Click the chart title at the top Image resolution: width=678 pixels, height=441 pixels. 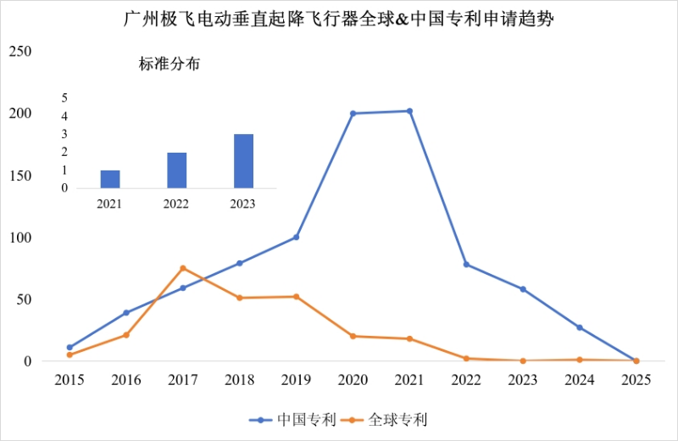point(338,20)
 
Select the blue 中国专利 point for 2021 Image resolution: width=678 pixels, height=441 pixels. point(409,111)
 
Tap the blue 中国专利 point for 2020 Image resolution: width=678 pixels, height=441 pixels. point(353,114)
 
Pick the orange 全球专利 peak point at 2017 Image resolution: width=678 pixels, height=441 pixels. point(183,268)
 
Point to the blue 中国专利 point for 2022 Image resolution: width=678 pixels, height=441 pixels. point(466,265)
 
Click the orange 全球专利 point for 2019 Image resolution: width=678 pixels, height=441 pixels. point(296,297)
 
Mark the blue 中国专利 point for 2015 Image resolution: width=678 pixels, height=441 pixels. point(69,348)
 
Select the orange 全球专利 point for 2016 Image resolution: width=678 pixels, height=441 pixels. point(126,335)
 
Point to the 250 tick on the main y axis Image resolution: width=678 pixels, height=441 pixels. point(19,52)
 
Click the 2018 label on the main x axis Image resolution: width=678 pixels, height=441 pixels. point(239,381)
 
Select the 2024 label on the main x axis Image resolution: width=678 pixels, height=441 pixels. point(579,381)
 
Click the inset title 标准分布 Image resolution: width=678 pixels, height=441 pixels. point(169,64)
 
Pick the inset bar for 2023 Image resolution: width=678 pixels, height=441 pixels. point(243,161)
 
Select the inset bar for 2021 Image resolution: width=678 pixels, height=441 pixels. point(110,179)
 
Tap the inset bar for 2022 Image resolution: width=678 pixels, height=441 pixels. point(176,170)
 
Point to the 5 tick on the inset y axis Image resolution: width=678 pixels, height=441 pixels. point(64,98)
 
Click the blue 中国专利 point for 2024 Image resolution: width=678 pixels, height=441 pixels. point(579,327)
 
